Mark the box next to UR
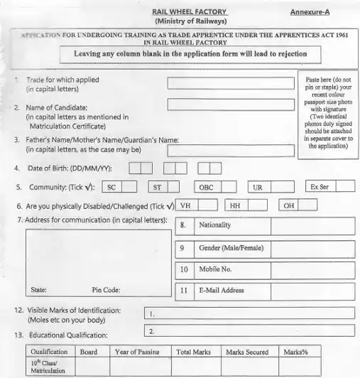(x=283, y=188)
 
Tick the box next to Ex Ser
(x=345, y=187)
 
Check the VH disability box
(x=207, y=206)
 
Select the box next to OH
(x=308, y=206)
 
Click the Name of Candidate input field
(x=230, y=105)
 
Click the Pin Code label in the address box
(x=106, y=290)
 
